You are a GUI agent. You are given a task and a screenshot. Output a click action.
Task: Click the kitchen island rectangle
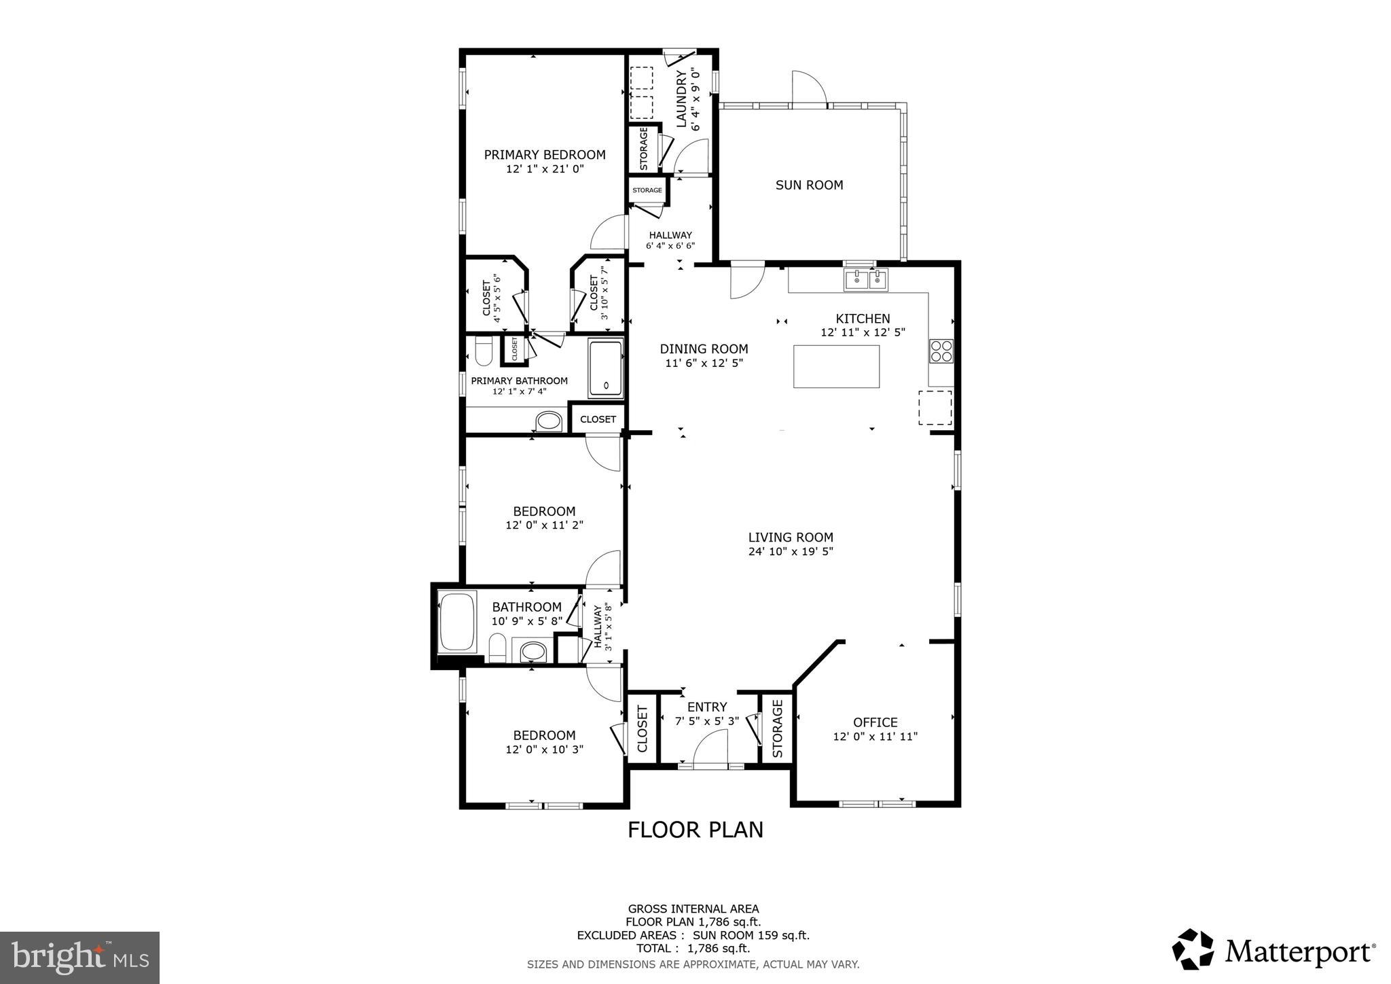pyautogui.click(x=836, y=366)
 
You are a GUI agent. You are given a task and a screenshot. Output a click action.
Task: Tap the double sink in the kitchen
pyautogui.click(x=865, y=279)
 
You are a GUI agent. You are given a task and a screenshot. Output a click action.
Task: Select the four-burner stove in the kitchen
pyautogui.click(x=941, y=351)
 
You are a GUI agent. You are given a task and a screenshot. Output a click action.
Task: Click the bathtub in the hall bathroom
pyautogui.click(x=457, y=622)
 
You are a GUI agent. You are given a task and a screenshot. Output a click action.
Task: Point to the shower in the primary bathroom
pyautogui.click(x=605, y=368)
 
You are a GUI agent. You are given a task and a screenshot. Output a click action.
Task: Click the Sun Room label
pyautogui.click(x=809, y=185)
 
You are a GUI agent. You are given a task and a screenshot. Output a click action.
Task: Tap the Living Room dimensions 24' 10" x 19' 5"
pyautogui.click(x=791, y=552)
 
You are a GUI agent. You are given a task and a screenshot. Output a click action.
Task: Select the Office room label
pyautogui.click(x=875, y=722)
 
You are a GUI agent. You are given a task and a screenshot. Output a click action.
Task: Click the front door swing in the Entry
pyautogui.click(x=710, y=748)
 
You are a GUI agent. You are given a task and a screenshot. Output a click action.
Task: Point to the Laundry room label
pyautogui.click(x=682, y=99)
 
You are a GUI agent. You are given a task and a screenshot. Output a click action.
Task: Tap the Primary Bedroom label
pyautogui.click(x=544, y=155)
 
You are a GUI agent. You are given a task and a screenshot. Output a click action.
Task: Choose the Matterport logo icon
pyautogui.click(x=1193, y=949)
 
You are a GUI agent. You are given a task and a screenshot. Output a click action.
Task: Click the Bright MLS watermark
pyautogui.click(x=79, y=957)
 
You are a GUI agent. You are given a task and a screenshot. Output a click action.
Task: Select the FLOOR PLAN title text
pyautogui.click(x=695, y=830)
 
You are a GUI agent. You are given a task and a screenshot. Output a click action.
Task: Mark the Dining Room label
pyautogui.click(x=704, y=349)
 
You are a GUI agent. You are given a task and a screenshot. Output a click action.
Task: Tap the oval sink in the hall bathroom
pyautogui.click(x=533, y=651)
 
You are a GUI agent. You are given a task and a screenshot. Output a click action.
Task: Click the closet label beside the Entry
pyautogui.click(x=643, y=729)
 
